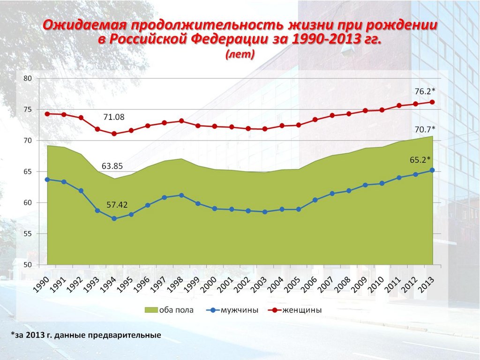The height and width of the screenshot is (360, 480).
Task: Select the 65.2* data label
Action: click(x=420, y=160)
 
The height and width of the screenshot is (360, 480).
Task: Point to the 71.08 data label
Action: click(x=114, y=117)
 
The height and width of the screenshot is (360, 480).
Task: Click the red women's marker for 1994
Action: click(x=114, y=134)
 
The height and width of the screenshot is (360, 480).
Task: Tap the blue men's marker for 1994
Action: click(x=114, y=218)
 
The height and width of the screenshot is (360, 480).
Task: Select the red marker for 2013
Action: click(x=432, y=102)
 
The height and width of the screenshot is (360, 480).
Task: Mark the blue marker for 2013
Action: click(x=432, y=170)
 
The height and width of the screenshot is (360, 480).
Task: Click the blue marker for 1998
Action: click(x=181, y=195)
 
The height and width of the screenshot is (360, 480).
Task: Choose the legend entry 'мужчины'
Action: click(x=240, y=310)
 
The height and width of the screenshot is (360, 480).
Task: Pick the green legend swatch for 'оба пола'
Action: click(x=150, y=310)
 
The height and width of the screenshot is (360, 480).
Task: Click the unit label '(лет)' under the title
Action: click(x=240, y=55)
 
